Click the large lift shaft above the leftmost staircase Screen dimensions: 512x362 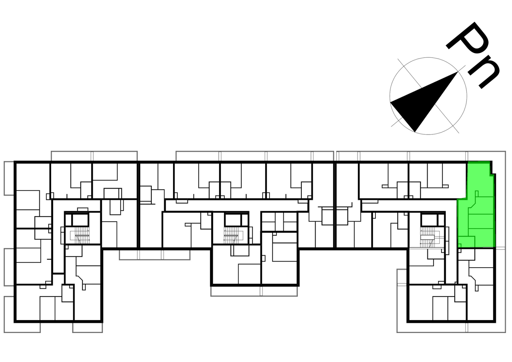[x=80, y=220]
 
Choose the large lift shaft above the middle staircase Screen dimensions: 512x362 [x=233, y=220]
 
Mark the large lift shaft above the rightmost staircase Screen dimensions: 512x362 [x=429, y=220]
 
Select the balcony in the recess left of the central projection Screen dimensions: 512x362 [x=154, y=255]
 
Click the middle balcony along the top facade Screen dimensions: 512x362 [x=254, y=156]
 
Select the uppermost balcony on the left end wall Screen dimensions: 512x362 [x=9, y=178]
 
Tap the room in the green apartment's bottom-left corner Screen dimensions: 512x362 [x=466, y=241]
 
